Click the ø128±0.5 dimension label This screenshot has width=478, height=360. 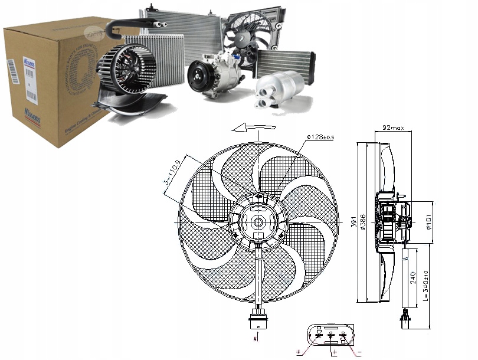[321, 138]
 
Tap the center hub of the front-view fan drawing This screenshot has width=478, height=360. [258, 222]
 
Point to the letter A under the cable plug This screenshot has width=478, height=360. [255, 341]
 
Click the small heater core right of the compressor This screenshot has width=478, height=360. [285, 62]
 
